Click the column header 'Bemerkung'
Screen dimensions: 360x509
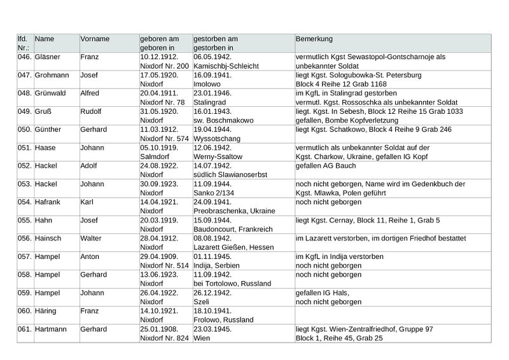point(315,39)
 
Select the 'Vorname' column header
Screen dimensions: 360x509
point(95,39)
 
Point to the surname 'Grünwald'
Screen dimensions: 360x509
point(50,93)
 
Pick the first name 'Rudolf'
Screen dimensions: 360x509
point(92,111)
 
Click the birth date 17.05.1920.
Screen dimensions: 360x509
point(159,75)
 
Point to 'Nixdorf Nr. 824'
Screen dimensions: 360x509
point(164,338)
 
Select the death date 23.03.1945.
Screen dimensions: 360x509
point(213,330)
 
